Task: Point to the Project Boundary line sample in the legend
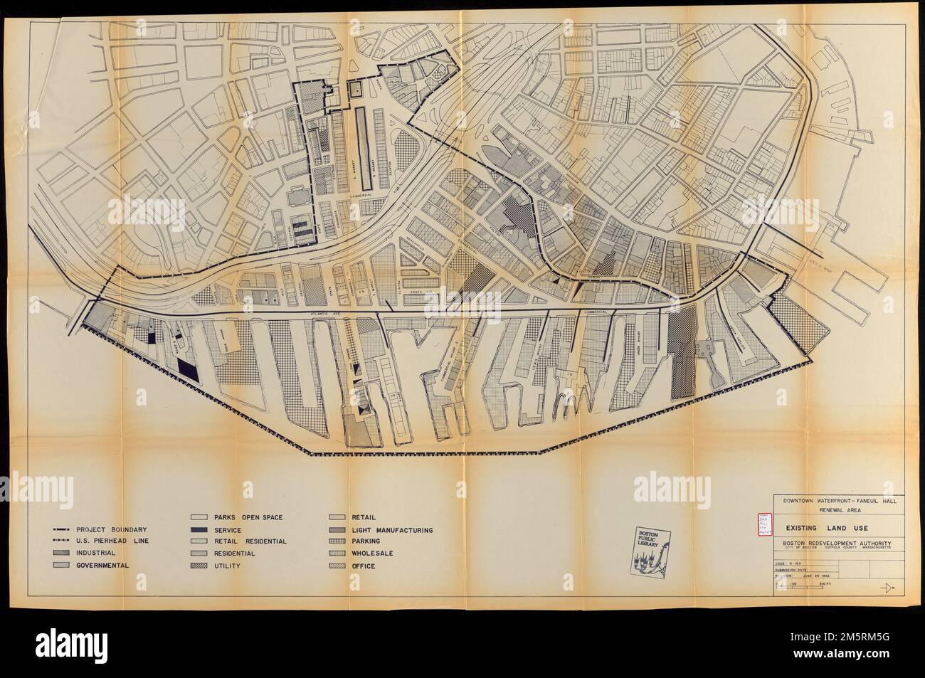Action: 62,529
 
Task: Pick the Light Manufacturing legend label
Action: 391,530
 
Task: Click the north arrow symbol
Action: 887,587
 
